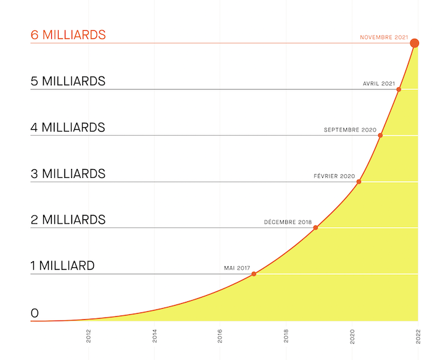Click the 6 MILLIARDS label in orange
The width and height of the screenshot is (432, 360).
click(68, 35)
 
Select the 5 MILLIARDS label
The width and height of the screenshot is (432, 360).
click(68, 81)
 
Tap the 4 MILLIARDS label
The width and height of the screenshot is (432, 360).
click(68, 127)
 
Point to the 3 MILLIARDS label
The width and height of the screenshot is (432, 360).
click(68, 174)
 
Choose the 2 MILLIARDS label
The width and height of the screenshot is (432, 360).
click(68, 219)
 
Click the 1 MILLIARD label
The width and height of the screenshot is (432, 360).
click(62, 266)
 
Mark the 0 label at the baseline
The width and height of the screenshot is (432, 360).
click(35, 313)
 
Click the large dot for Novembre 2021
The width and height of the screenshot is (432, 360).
click(415, 43)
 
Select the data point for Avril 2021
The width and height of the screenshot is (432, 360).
click(399, 90)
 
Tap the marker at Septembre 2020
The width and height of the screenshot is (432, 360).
click(380, 135)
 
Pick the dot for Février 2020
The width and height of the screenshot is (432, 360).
click(359, 182)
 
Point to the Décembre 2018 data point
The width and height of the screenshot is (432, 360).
click(315, 228)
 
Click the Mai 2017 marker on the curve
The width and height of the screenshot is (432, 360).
click(254, 274)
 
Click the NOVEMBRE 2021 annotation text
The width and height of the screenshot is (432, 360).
click(384, 38)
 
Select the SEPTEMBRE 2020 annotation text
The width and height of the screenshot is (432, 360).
click(350, 130)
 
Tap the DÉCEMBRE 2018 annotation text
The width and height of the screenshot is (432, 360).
click(288, 222)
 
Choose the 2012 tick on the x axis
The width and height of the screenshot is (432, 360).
click(89, 335)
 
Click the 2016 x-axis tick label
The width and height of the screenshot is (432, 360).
click(220, 335)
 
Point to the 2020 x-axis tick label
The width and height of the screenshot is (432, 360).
click(352, 335)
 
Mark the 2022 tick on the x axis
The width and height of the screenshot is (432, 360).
click(418, 335)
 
